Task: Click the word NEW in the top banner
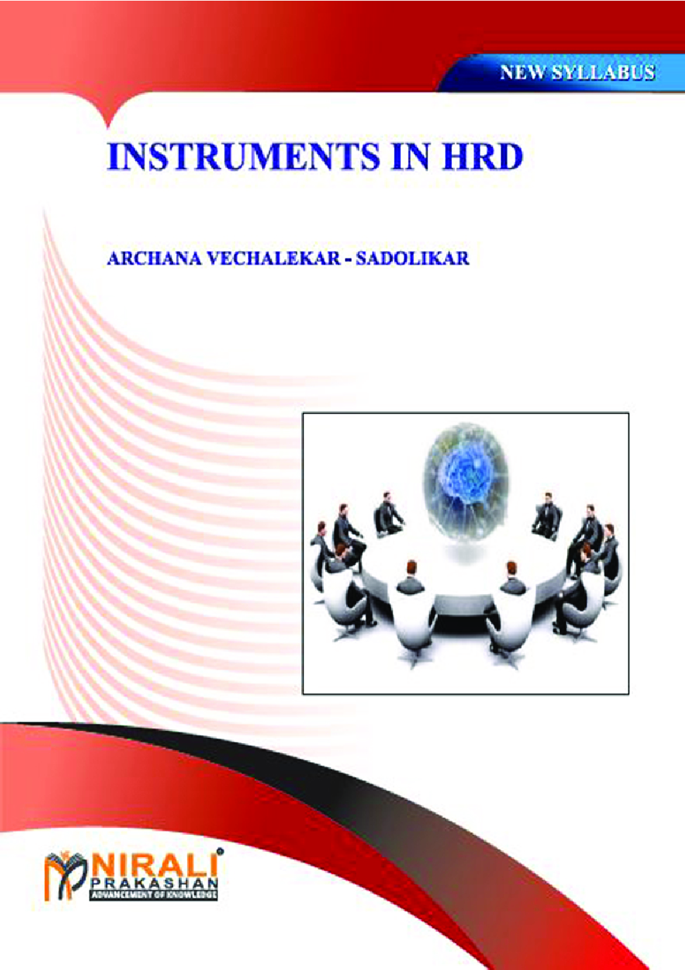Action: click(523, 73)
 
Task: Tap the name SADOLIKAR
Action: click(412, 259)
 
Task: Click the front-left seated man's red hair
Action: click(411, 565)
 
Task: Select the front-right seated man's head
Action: click(511, 568)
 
